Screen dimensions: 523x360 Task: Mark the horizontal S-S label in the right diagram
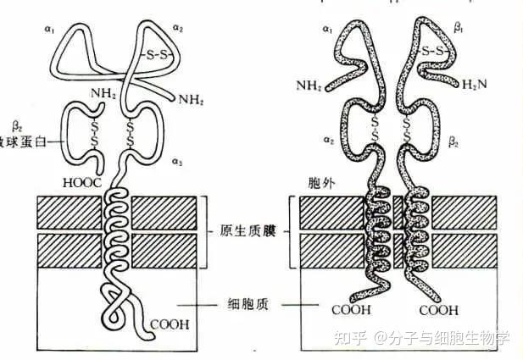[x=435, y=52]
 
